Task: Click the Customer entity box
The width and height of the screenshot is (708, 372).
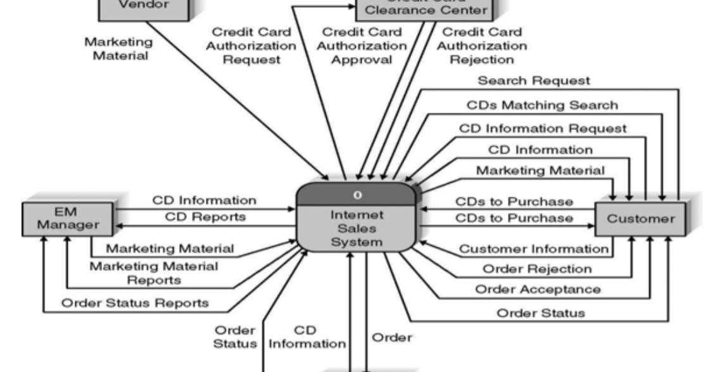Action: (x=640, y=219)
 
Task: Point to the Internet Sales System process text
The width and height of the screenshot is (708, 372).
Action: (x=357, y=228)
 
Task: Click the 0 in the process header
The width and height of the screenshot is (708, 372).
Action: (x=357, y=194)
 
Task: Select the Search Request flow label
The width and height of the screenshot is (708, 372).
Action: (x=533, y=81)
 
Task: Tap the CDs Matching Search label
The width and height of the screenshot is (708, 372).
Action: (x=542, y=105)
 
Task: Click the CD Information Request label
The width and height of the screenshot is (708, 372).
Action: (x=543, y=128)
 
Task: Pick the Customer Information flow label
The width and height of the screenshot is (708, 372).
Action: (x=533, y=249)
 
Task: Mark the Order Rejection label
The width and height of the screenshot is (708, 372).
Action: (x=537, y=269)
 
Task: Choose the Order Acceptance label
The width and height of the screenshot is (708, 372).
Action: (x=538, y=290)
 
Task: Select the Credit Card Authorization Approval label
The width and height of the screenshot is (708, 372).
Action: (x=362, y=46)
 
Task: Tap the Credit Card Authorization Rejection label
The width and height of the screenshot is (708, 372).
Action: (x=481, y=46)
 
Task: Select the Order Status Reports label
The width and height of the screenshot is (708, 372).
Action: (x=134, y=303)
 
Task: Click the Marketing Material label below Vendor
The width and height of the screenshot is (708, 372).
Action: (x=118, y=48)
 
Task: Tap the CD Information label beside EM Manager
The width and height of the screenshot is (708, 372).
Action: (x=205, y=200)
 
